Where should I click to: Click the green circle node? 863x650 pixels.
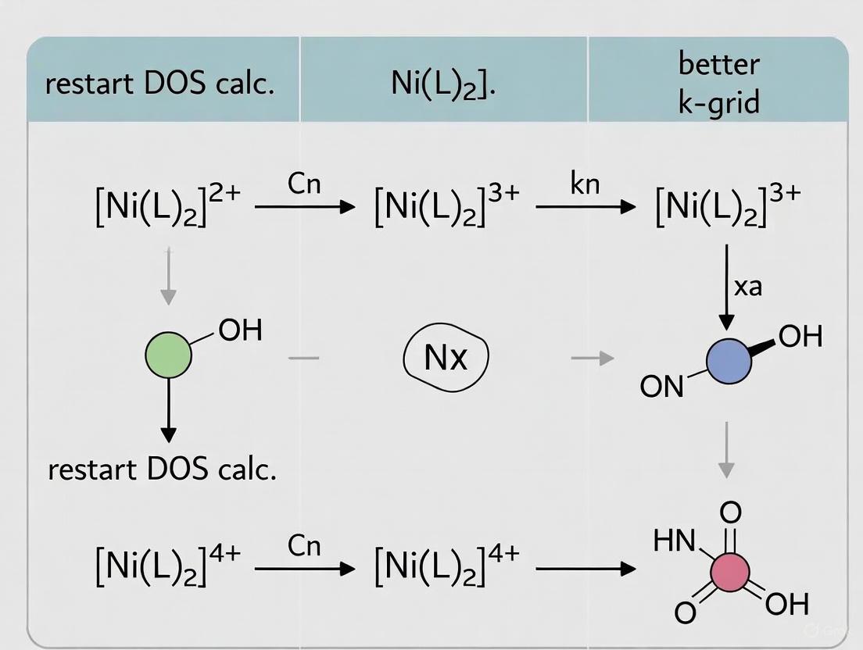click(x=168, y=355)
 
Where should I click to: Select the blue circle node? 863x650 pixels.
click(x=729, y=361)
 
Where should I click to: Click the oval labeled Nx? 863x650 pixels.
click(x=446, y=358)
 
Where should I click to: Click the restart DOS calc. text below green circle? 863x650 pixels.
click(x=162, y=469)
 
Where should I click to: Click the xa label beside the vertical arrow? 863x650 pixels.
click(x=748, y=286)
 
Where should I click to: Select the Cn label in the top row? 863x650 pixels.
click(x=304, y=184)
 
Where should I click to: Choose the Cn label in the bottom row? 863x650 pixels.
click(x=304, y=545)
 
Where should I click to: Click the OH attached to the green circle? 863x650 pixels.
click(x=240, y=330)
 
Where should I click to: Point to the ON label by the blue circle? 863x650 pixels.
click(x=661, y=386)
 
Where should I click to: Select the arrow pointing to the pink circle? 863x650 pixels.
click(x=585, y=569)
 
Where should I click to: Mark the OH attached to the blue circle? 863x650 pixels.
click(x=800, y=336)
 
